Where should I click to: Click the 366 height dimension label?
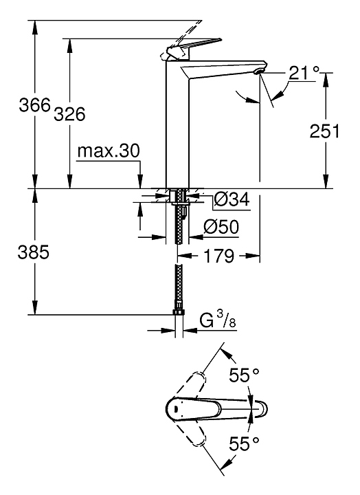tap(35, 104)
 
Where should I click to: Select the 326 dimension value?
tap(69, 113)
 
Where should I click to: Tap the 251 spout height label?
tap(324, 131)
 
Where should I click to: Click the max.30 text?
tap(109, 151)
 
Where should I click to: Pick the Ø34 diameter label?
tap(232, 199)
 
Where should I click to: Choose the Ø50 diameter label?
tap(221, 226)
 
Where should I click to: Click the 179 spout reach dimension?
tap(220, 256)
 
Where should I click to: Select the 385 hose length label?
tap(34, 252)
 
